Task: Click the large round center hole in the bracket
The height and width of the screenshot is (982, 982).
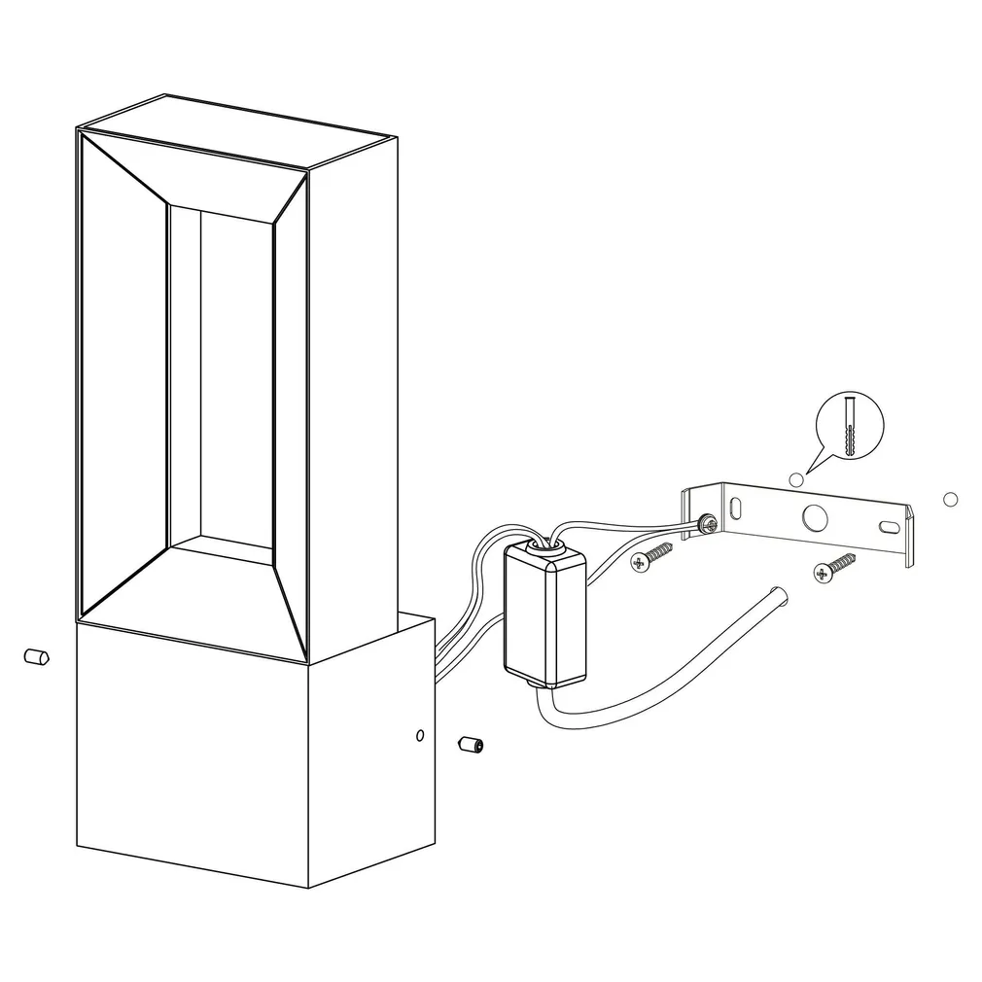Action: [811, 516]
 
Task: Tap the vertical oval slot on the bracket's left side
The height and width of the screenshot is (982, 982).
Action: [736, 508]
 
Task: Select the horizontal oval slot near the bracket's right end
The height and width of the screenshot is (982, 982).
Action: [889, 526]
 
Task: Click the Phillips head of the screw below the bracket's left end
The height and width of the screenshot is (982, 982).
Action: [640, 563]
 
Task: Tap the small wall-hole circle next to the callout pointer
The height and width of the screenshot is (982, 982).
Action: [796, 478]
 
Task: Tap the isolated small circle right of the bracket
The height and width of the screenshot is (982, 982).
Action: [950, 500]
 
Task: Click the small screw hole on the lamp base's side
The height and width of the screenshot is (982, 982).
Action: [419, 735]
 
